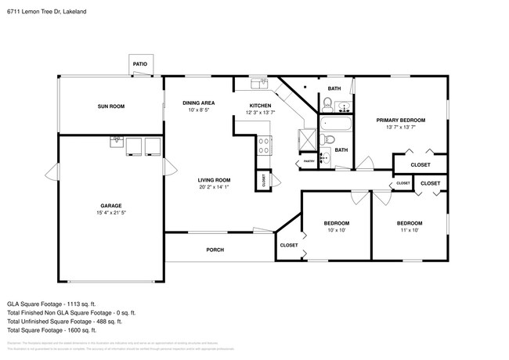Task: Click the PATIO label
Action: (x=140, y=64)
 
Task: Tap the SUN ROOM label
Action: (x=110, y=106)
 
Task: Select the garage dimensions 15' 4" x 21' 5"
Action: (x=110, y=212)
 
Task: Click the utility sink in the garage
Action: (x=117, y=142)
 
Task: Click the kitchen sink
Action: (x=259, y=83)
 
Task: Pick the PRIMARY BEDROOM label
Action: (x=400, y=120)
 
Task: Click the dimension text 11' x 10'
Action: (x=410, y=230)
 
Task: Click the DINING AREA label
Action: (x=198, y=103)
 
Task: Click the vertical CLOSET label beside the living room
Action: (x=265, y=180)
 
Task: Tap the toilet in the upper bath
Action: (x=327, y=103)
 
